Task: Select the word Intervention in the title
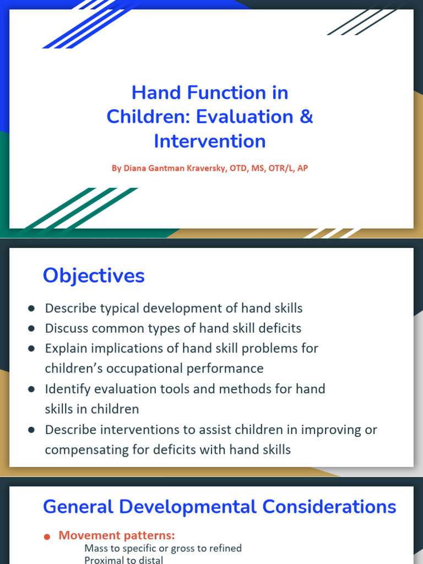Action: click(x=210, y=141)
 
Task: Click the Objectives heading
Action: click(x=94, y=275)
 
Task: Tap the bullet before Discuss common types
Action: click(x=32, y=329)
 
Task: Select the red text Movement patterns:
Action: click(x=117, y=535)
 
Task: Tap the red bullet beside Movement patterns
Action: click(x=47, y=536)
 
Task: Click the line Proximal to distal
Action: click(x=123, y=560)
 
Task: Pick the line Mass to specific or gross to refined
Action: click(x=163, y=548)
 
